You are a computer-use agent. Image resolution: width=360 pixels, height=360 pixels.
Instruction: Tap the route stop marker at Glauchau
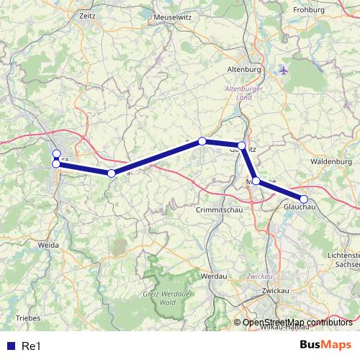(304, 199)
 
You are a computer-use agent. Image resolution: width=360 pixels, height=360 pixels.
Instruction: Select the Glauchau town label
(300, 207)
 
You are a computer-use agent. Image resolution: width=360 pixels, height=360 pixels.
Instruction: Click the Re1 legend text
(31, 346)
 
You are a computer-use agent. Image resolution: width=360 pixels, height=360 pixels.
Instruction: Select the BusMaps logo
(325, 346)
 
